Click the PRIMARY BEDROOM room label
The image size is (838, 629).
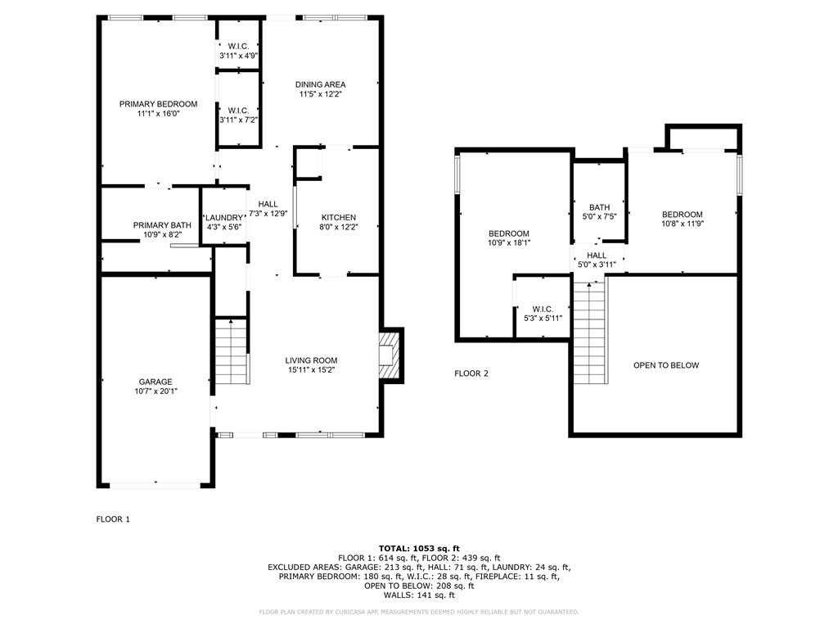click(158, 104)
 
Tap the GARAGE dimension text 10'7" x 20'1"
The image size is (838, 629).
click(155, 391)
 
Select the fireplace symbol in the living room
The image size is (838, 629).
click(390, 355)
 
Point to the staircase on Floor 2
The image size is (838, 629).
click(590, 332)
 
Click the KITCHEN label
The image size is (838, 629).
click(337, 217)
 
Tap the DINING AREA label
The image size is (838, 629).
click(320, 84)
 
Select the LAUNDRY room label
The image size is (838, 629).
click(224, 218)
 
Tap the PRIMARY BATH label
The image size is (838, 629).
click(162, 225)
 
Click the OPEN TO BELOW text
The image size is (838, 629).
click(666, 365)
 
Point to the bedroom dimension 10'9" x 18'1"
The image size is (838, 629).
click(508, 243)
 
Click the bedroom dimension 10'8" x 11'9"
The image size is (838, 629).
click(682, 224)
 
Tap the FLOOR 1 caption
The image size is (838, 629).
click(113, 519)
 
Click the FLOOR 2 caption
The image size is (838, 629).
click(471, 373)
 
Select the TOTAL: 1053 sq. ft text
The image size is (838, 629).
click(419, 548)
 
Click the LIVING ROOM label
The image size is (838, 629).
click(311, 360)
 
